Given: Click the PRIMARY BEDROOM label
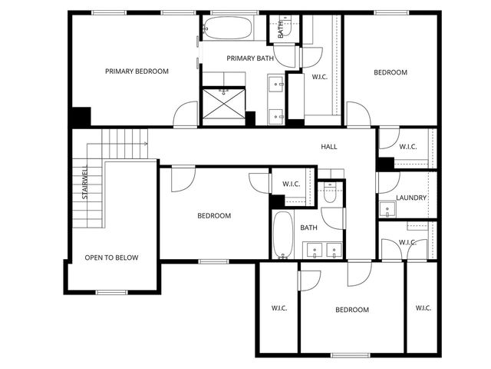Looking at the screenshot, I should [x=137, y=71].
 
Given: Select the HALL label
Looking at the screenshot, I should [x=329, y=147].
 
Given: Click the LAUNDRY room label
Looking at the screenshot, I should [x=411, y=198].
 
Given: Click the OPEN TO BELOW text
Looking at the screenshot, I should [x=112, y=258].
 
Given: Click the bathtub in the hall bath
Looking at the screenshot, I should [x=283, y=234].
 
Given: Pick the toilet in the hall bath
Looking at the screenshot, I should [x=330, y=194].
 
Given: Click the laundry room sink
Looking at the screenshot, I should [x=382, y=208].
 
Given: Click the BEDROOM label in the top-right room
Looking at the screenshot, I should [x=390, y=72].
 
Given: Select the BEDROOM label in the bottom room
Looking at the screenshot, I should [x=352, y=310].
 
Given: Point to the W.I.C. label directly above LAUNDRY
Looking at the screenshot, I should [x=407, y=146].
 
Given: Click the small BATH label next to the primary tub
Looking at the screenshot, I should [x=280, y=29].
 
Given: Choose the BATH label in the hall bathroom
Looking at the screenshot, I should [x=308, y=228].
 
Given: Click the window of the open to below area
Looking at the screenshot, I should [x=112, y=292].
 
